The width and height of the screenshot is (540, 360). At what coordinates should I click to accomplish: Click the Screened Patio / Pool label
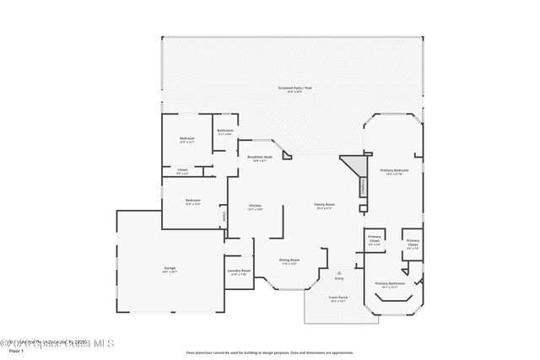[x=294, y=88]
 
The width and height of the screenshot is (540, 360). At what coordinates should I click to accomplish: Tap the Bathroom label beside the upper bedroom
[x=225, y=131]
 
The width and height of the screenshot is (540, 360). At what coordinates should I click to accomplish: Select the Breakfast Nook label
[x=259, y=158]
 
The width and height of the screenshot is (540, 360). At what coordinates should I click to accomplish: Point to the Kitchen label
[x=255, y=206]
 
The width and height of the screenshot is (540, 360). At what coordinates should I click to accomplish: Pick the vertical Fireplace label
[x=364, y=187]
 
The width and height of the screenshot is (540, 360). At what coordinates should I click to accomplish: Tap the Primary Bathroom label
[x=390, y=284]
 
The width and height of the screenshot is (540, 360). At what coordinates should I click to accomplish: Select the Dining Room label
[x=289, y=261]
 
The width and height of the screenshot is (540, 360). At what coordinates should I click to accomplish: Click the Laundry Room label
[x=238, y=271]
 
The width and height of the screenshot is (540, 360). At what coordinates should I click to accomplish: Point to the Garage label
[x=170, y=270]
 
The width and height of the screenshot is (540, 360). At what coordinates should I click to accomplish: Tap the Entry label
[x=339, y=278]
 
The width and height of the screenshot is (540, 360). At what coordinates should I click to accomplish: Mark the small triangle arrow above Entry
[x=339, y=272]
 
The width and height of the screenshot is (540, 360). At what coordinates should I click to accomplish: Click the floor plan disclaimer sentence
[x=270, y=352]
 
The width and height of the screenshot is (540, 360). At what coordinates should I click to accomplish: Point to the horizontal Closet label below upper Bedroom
[x=182, y=171]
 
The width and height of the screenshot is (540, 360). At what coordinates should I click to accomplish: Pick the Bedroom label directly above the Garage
[x=192, y=201]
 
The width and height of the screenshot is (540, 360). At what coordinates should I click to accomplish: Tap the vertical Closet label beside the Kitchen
[x=224, y=217]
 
